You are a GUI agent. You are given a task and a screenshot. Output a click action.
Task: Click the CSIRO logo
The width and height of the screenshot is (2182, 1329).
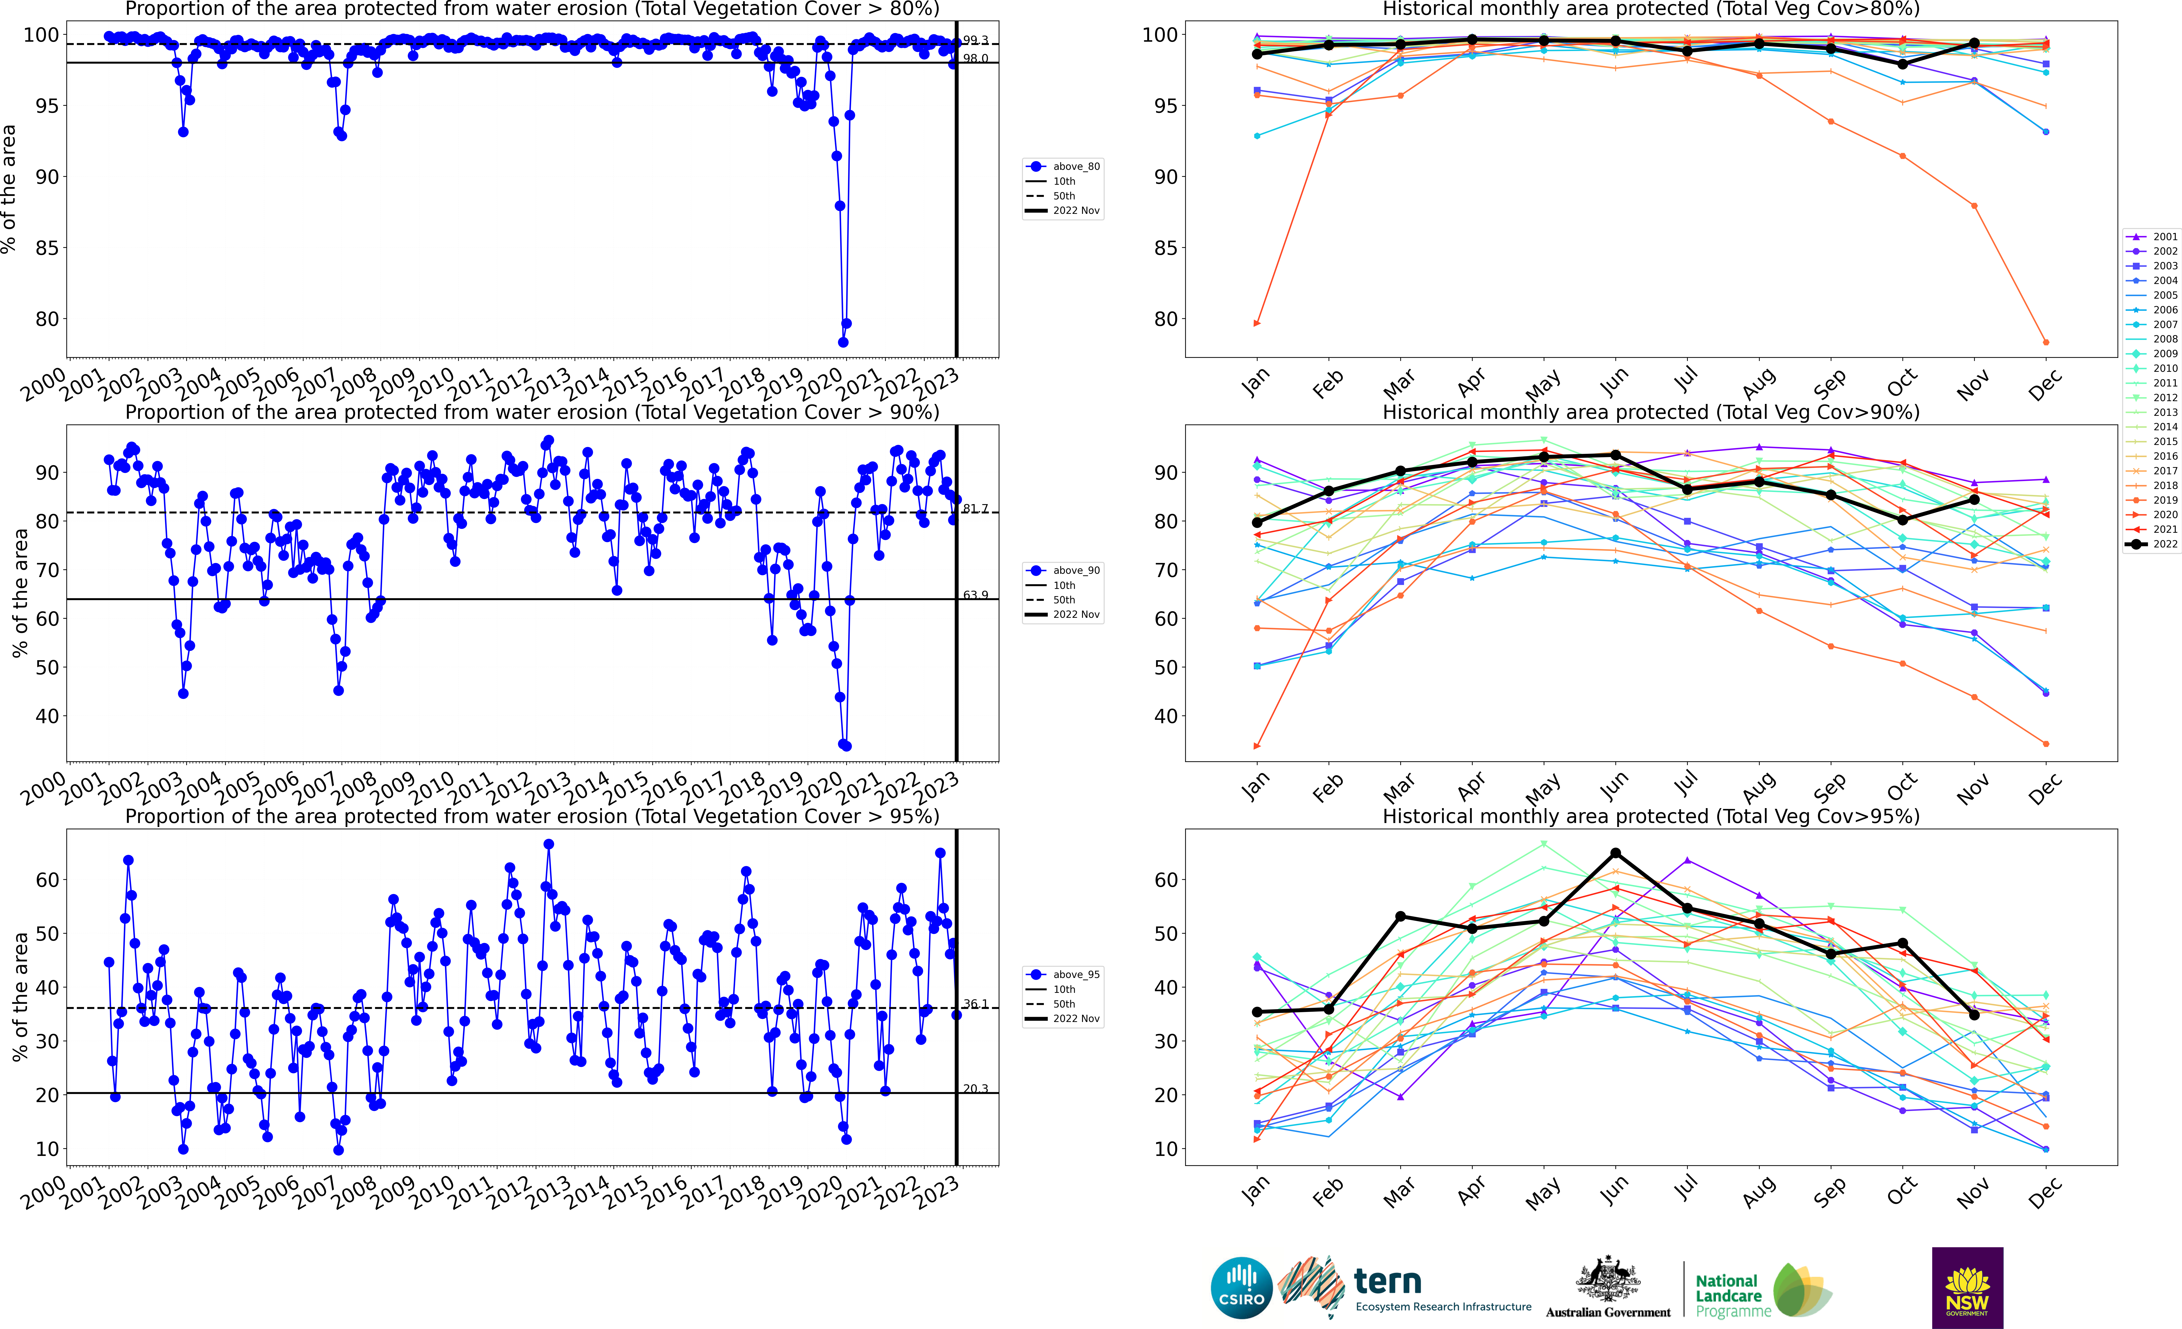(1242, 1287)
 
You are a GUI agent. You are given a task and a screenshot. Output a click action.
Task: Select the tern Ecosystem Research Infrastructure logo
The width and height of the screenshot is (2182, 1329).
(1408, 1287)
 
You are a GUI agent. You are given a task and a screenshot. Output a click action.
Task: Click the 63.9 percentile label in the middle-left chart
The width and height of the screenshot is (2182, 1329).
(975, 594)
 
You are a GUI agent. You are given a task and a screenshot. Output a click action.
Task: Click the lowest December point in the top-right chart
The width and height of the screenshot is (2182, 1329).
(2046, 342)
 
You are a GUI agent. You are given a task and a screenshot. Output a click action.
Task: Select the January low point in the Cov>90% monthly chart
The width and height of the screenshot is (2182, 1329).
(1257, 746)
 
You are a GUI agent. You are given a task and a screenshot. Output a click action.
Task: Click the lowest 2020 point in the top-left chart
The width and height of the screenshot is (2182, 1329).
(843, 342)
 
